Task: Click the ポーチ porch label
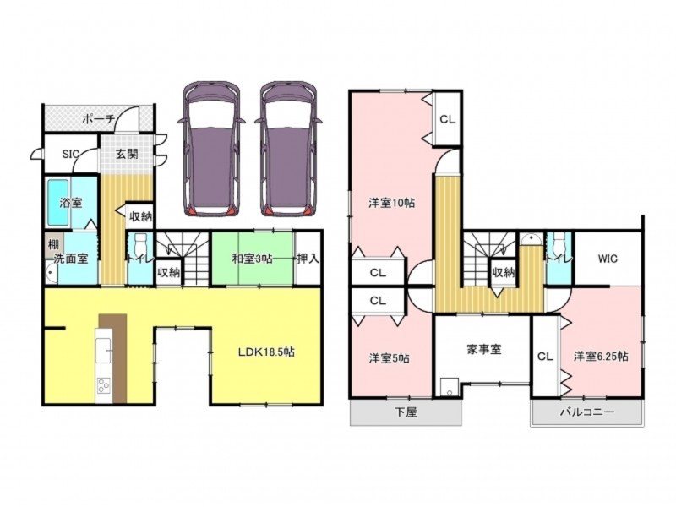coord(98,118)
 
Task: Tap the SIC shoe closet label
coord(71,154)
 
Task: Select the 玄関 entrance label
coord(128,154)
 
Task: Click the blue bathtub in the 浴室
coord(58,202)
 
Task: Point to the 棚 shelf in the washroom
coord(53,245)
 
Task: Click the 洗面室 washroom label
coord(71,259)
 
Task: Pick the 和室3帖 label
coord(252,259)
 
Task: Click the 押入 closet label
coord(308,259)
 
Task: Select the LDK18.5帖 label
coord(266,352)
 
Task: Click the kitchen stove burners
coord(103,385)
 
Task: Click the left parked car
coord(211,149)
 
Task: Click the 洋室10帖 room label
coord(391,203)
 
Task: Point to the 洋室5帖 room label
coord(389,358)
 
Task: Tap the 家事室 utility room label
coord(483,349)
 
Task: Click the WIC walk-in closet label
coord(608,259)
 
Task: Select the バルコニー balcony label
coord(587,412)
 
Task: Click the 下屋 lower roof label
coord(406,412)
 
